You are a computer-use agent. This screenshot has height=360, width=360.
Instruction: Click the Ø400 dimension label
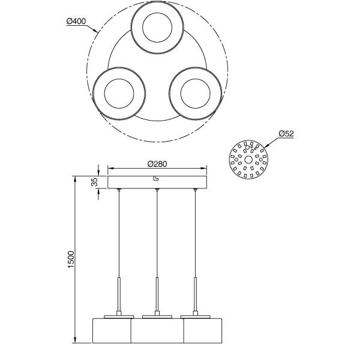[76, 22]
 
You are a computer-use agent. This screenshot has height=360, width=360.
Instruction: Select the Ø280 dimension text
[157, 164]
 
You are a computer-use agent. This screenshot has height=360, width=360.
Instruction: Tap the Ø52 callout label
[286, 133]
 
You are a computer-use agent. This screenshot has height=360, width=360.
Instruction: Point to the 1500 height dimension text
[71, 259]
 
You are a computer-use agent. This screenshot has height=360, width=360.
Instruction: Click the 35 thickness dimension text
[94, 182]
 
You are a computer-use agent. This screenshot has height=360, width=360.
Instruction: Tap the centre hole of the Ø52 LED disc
[248, 160]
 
